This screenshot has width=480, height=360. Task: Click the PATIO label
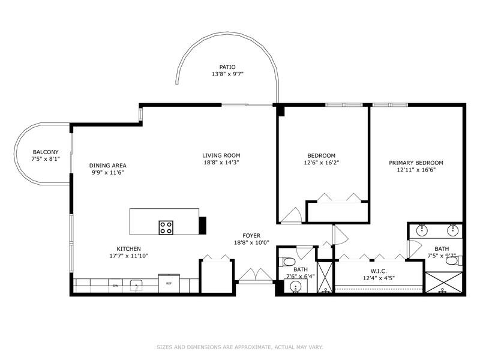[227, 67]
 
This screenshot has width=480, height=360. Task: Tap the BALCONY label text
[46, 152]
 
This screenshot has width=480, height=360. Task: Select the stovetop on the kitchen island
[166, 227]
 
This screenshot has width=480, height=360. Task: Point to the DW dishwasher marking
[115, 286]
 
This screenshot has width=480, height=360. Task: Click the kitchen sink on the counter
[137, 285]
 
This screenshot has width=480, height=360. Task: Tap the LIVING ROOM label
[221, 155]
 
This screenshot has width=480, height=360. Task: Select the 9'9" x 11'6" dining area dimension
[108, 173]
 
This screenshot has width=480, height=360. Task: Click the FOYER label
[251, 236]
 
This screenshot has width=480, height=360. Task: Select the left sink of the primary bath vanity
[422, 229]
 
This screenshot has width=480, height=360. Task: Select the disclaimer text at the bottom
[240, 347]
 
